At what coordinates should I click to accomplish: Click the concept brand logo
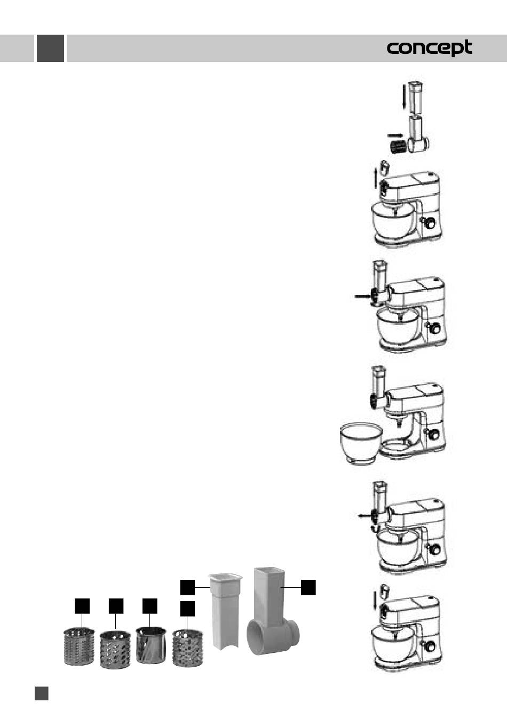(429, 48)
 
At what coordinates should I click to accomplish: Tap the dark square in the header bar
(50, 48)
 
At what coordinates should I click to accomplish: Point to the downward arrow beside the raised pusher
(404, 97)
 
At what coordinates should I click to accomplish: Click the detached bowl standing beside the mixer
(361, 443)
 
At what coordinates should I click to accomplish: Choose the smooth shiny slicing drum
(151, 645)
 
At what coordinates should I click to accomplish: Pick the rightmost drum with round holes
(188, 648)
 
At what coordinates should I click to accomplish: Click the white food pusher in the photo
(225, 612)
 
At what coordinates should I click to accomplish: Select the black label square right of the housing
(308, 587)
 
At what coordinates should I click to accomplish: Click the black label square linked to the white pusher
(187, 587)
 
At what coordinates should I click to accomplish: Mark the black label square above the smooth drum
(150, 606)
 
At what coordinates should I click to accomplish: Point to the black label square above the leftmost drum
(82, 606)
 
